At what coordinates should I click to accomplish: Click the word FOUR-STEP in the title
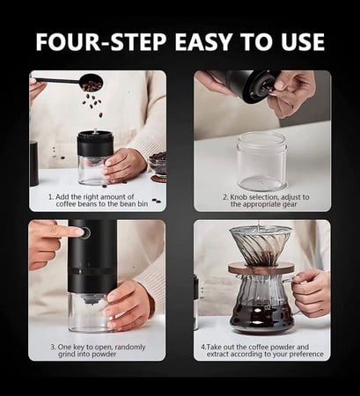point(101,42)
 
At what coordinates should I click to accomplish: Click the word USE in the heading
point(303,42)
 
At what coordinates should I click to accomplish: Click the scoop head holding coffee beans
point(92,82)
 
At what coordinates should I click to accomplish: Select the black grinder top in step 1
point(95,143)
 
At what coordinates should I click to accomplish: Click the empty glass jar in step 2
point(261,161)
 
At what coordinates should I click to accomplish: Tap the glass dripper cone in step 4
point(260,246)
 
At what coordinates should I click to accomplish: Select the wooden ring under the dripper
point(261,269)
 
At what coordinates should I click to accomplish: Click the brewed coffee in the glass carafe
point(261,318)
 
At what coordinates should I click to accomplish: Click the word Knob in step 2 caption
point(237,197)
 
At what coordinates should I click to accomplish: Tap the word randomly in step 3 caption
point(130,348)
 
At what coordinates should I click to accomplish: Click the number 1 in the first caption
point(50,197)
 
